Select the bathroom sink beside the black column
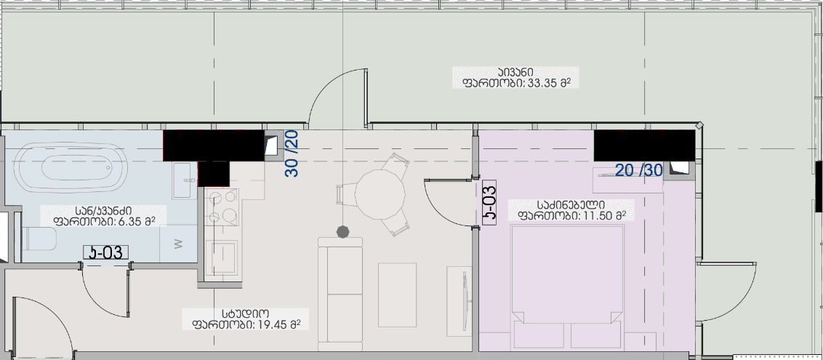pyautogui.click(x=183, y=179)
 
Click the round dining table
pyautogui.click(x=380, y=194)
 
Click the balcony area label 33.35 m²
pyautogui.click(x=515, y=78)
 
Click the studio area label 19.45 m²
pyautogui.click(x=246, y=319)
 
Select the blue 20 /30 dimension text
pyautogui.click(x=639, y=171)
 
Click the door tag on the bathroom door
pyautogui.click(x=105, y=253)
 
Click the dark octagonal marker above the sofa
pyautogui.click(x=343, y=231)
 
